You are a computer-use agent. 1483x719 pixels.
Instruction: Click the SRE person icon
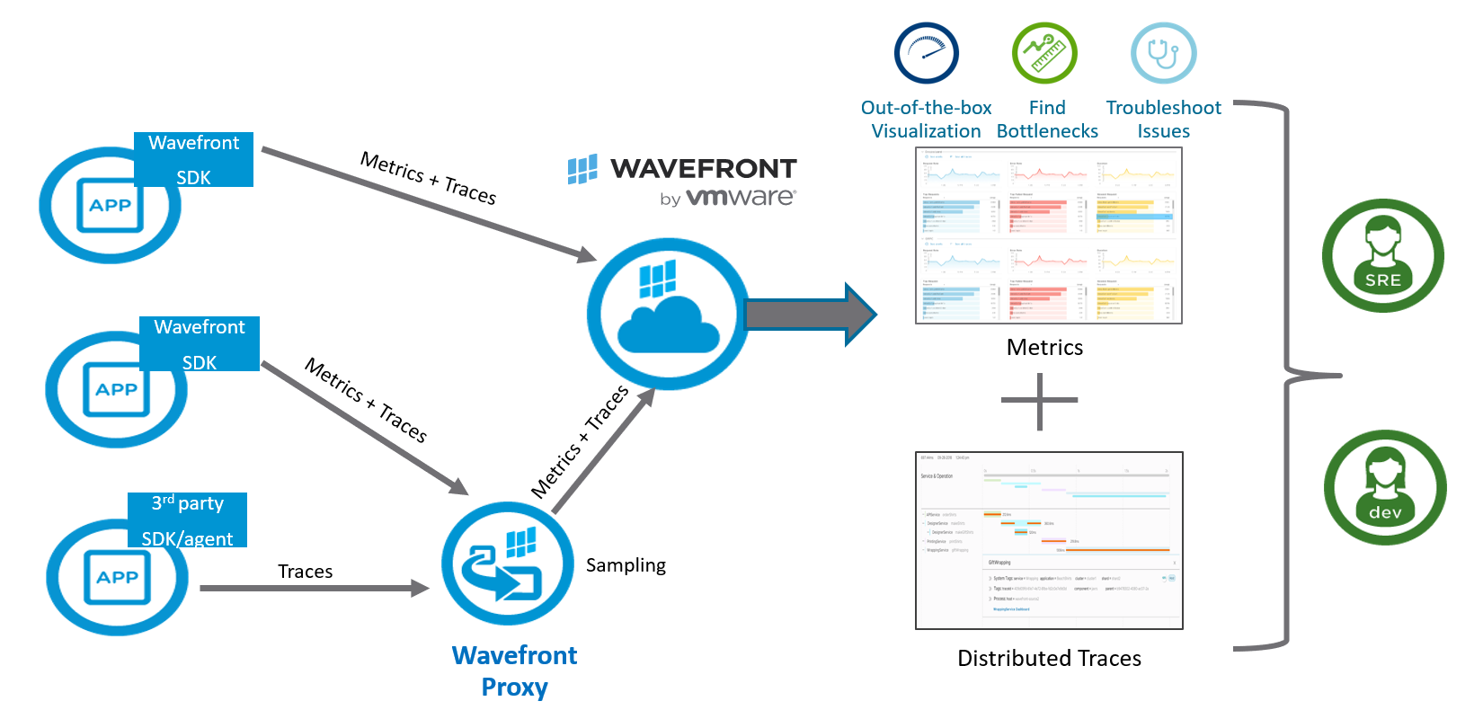1382,256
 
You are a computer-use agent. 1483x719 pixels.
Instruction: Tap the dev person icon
1384,487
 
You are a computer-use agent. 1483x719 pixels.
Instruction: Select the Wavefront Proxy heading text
514,670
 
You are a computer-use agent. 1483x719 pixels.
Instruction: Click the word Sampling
626,565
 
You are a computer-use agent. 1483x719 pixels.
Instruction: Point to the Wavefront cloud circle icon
667,314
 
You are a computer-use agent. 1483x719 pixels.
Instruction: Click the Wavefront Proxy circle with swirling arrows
508,564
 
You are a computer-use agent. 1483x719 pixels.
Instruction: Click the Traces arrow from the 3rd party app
315,589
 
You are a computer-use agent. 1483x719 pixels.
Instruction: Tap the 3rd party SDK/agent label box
187,520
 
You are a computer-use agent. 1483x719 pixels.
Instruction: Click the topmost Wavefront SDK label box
193,160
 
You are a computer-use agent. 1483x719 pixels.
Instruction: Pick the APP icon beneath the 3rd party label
117,578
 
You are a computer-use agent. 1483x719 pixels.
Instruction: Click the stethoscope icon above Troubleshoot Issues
1163,53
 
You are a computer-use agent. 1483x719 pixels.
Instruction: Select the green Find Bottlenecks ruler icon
1044,53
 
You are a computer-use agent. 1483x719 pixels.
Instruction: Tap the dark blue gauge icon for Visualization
927,53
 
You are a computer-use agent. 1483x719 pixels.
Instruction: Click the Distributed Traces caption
1049,659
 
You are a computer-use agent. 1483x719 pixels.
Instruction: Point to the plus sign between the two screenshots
1039,401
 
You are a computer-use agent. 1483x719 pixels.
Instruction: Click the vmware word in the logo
741,197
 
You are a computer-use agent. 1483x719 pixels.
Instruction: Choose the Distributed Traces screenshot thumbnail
1049,540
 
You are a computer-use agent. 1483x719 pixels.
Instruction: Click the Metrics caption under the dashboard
1044,348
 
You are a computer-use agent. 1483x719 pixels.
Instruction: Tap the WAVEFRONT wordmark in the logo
703,169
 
